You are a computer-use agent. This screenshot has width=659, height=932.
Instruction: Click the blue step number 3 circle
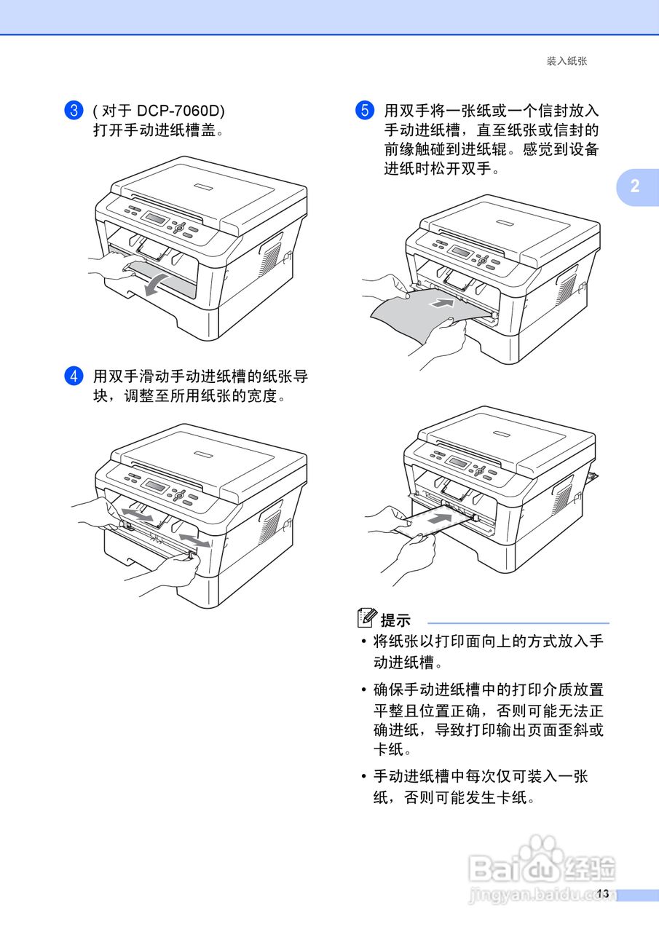point(74,111)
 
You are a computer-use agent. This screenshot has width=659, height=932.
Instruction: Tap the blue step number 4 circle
point(74,377)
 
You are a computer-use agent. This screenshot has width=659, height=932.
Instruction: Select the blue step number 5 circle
point(365,111)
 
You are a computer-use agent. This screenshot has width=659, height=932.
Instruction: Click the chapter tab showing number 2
point(635,186)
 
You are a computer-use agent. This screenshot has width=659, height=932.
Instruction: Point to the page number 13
point(602,893)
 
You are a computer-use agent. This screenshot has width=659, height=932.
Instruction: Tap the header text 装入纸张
point(567,61)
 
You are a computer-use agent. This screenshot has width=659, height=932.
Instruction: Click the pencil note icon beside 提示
point(368,619)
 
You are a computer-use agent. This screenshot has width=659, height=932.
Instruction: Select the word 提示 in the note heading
point(396,620)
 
